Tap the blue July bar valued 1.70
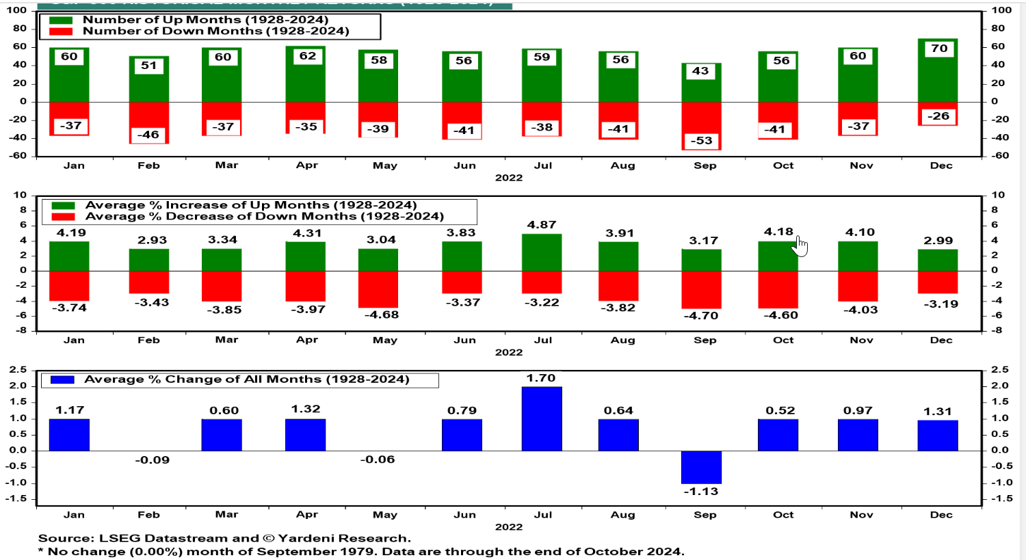tap(542, 418)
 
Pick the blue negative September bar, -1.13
tap(701, 467)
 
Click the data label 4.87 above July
tap(542, 225)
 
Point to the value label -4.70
tap(701, 316)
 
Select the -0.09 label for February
tap(152, 460)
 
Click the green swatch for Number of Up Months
tap(61, 20)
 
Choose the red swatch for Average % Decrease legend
tap(63, 217)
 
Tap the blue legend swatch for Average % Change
tap(62, 379)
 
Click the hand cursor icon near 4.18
tap(800, 246)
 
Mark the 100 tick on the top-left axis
tap(18, 10)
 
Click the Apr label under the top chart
tap(307, 165)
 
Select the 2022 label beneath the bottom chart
tap(509, 527)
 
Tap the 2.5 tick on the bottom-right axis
tap(1000, 370)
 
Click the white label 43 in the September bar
tap(700, 71)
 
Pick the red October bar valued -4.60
tap(778, 289)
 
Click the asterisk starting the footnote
tap(41, 551)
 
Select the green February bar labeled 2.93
tap(149, 260)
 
